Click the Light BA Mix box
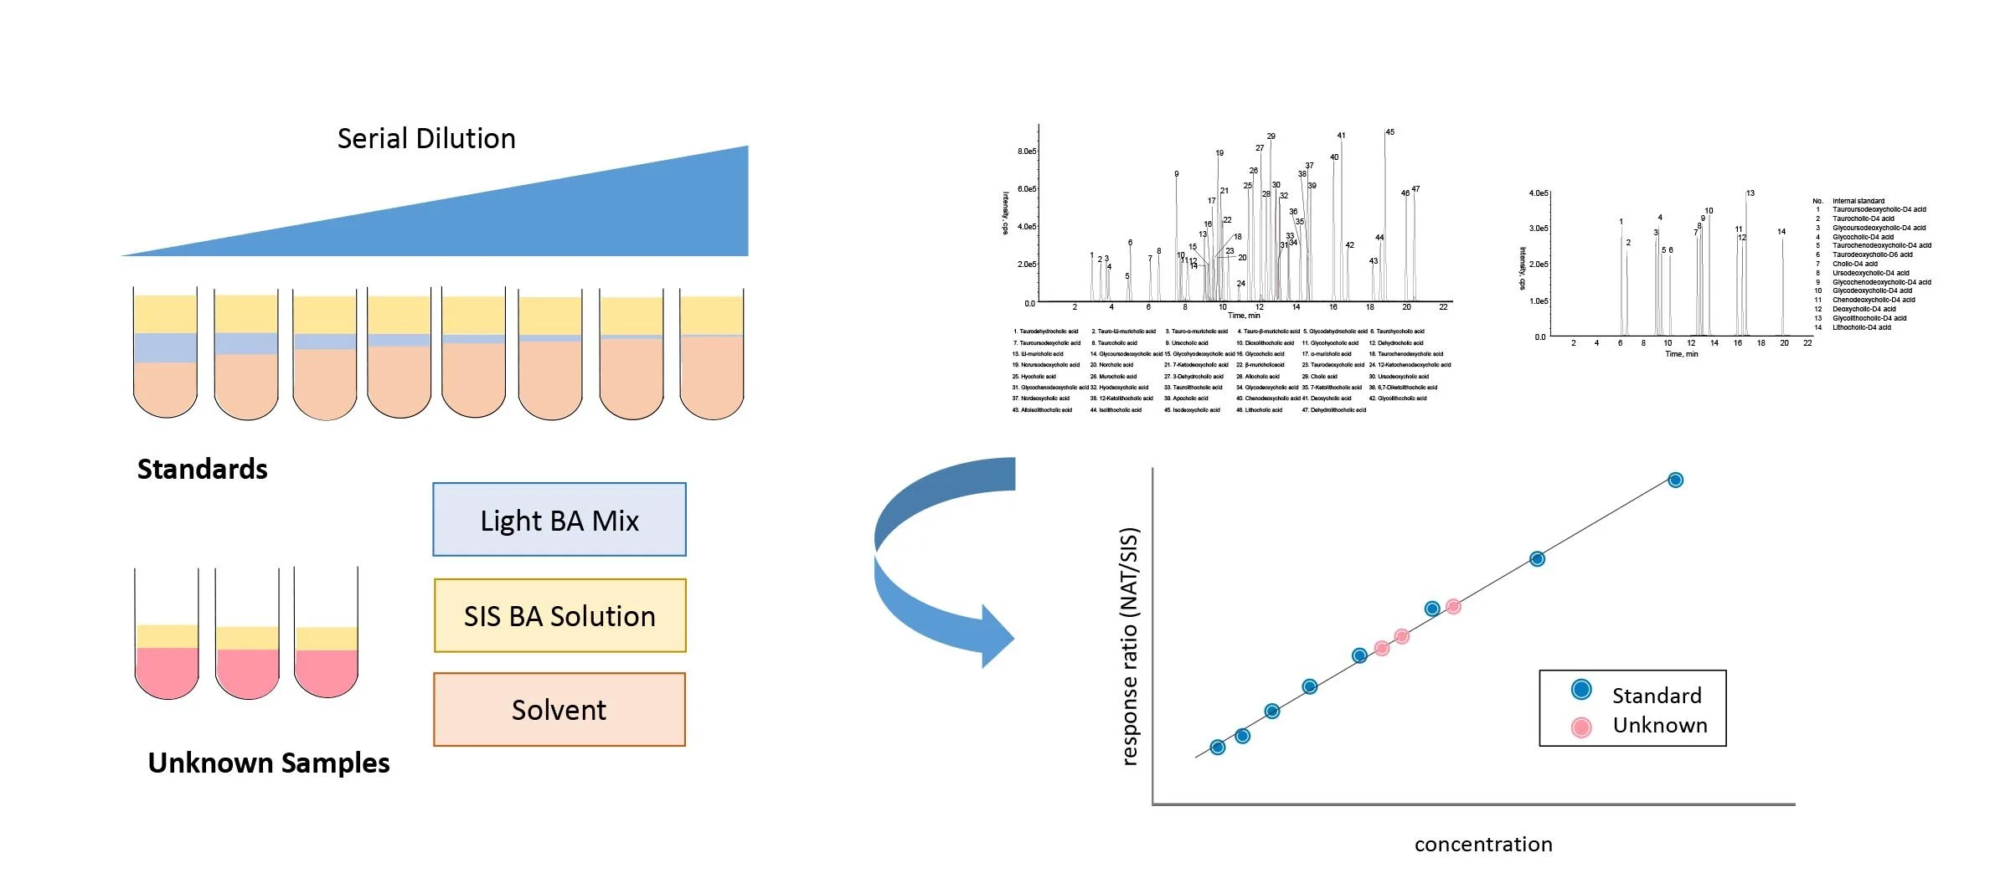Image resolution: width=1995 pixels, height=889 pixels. click(559, 520)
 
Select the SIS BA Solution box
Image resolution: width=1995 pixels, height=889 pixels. click(559, 616)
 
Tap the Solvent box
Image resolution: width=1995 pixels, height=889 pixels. click(559, 710)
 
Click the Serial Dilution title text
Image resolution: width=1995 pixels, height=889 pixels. click(426, 139)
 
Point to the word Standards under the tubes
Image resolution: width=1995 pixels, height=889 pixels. click(203, 470)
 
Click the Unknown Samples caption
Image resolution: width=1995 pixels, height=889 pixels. click(269, 763)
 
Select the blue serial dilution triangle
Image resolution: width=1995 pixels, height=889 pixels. click(586, 218)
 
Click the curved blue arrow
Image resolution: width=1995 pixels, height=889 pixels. click(930, 569)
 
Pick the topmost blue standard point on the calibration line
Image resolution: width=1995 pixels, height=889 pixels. click(1675, 480)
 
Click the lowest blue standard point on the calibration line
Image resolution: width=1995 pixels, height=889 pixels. click(1218, 748)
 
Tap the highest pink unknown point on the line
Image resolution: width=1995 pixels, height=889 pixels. click(1453, 606)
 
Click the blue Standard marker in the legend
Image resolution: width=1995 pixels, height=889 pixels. click(1581, 690)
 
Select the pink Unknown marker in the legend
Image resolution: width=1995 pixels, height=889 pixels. click(1581, 727)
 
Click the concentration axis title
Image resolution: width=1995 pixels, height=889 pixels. click(1483, 845)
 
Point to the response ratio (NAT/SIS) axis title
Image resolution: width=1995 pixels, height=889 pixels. click(1131, 646)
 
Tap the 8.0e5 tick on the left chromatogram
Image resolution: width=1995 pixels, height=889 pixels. click(1027, 152)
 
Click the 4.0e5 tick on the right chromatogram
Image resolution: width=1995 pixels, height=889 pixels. click(1538, 193)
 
